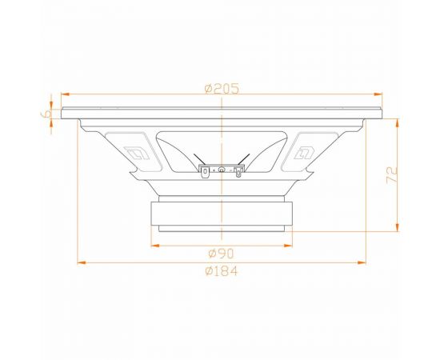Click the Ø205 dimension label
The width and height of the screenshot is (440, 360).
[x=222, y=89]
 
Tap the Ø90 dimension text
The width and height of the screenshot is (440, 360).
[x=221, y=254]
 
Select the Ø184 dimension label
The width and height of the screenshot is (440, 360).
[x=222, y=271]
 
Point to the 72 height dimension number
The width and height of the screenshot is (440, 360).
[x=392, y=175]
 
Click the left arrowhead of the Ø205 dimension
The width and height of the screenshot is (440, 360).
[x=65, y=94]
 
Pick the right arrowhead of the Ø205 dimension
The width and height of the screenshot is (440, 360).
[x=378, y=94]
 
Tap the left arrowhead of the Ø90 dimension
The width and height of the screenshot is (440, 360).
[x=155, y=246]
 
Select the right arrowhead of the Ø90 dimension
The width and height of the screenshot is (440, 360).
[x=288, y=246]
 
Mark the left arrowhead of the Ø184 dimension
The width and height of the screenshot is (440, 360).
[x=82, y=262]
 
